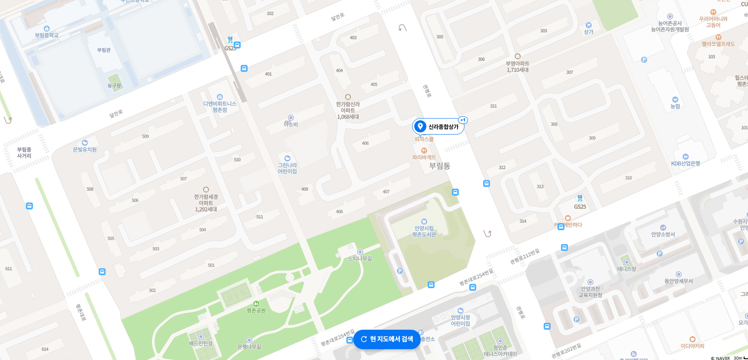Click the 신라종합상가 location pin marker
tap(420, 126)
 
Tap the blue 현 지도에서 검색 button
tap(387, 339)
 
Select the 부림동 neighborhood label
tap(439, 166)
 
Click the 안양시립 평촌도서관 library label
tap(424, 231)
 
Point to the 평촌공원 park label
tap(256, 310)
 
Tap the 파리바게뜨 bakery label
tap(424, 157)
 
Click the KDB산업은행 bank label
tap(685, 163)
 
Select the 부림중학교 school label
tap(47, 35)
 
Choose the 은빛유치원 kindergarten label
tap(85, 149)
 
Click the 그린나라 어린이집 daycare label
tap(287, 168)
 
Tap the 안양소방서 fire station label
tap(663, 234)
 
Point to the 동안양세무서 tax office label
tap(678, 281)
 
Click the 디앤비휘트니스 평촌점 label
tap(220, 106)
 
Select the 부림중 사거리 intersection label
tap(24, 152)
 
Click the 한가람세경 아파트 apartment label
tap(206, 202)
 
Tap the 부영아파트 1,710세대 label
tap(518, 66)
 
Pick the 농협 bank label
tap(675, 106)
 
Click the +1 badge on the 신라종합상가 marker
tap(463, 120)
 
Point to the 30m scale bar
tap(741, 358)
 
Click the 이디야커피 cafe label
tap(692, 346)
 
